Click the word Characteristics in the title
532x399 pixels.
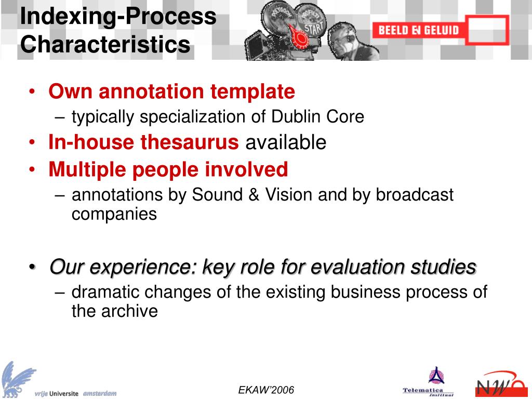(105, 44)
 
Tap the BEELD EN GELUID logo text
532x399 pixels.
(418, 30)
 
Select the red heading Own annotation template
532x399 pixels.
(171, 91)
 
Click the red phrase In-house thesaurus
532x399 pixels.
(143, 142)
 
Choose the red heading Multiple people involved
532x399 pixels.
(168, 169)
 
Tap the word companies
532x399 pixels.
(114, 214)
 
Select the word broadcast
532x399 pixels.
(415, 195)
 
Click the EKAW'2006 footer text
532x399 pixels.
(266, 390)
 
